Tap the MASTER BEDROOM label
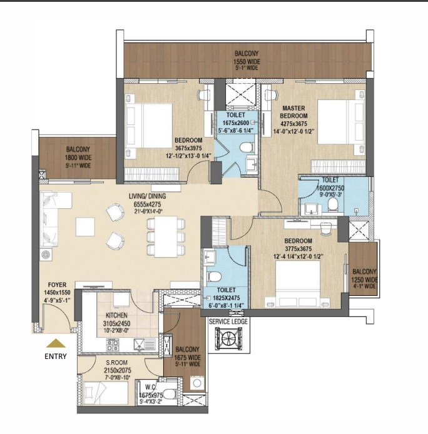click(x=293, y=112)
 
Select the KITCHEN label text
click(x=116, y=315)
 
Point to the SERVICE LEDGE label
click(x=228, y=321)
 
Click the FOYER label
click(x=57, y=285)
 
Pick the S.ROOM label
click(x=116, y=362)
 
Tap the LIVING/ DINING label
click(x=148, y=196)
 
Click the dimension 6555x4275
click(x=148, y=204)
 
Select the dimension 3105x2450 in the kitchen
click(x=116, y=323)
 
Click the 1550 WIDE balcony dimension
click(x=247, y=62)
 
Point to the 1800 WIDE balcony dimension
click(x=78, y=158)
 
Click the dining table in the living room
click(x=166, y=236)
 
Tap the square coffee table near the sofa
click(x=85, y=226)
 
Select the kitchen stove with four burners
click(x=113, y=345)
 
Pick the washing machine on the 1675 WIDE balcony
click(x=197, y=383)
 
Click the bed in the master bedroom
click(x=340, y=122)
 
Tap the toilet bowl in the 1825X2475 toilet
click(x=215, y=276)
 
